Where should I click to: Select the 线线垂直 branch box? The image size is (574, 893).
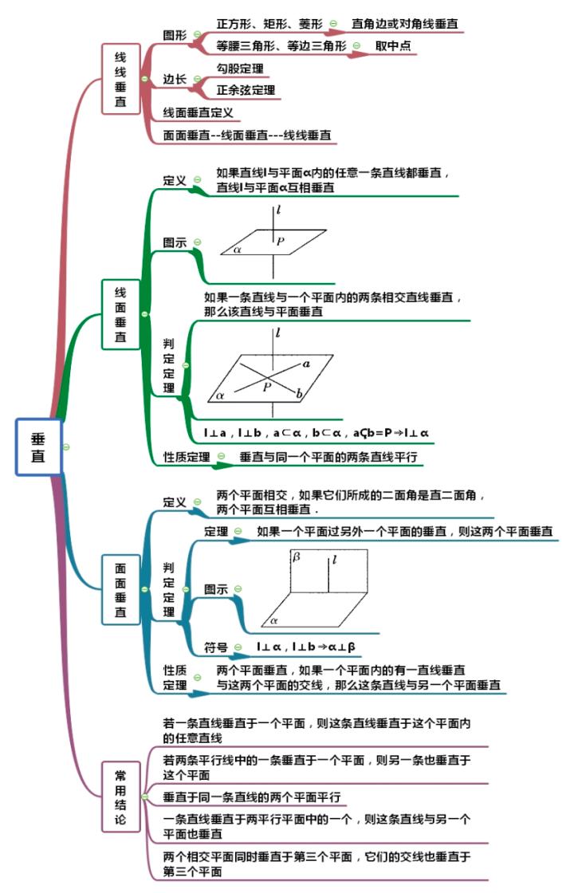120,80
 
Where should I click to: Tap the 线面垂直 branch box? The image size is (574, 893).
120,314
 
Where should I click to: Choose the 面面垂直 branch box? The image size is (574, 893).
120,589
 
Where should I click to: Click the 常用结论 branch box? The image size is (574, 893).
120,797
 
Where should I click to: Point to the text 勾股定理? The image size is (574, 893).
240,69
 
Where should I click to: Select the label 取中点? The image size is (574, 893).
393,46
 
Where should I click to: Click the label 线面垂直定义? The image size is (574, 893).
198,112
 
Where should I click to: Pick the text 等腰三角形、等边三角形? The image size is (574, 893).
281,46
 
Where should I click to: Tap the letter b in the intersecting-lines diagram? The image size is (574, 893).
298,394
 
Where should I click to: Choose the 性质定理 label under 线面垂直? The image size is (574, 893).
187,458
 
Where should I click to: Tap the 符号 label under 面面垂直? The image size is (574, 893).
216,647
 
